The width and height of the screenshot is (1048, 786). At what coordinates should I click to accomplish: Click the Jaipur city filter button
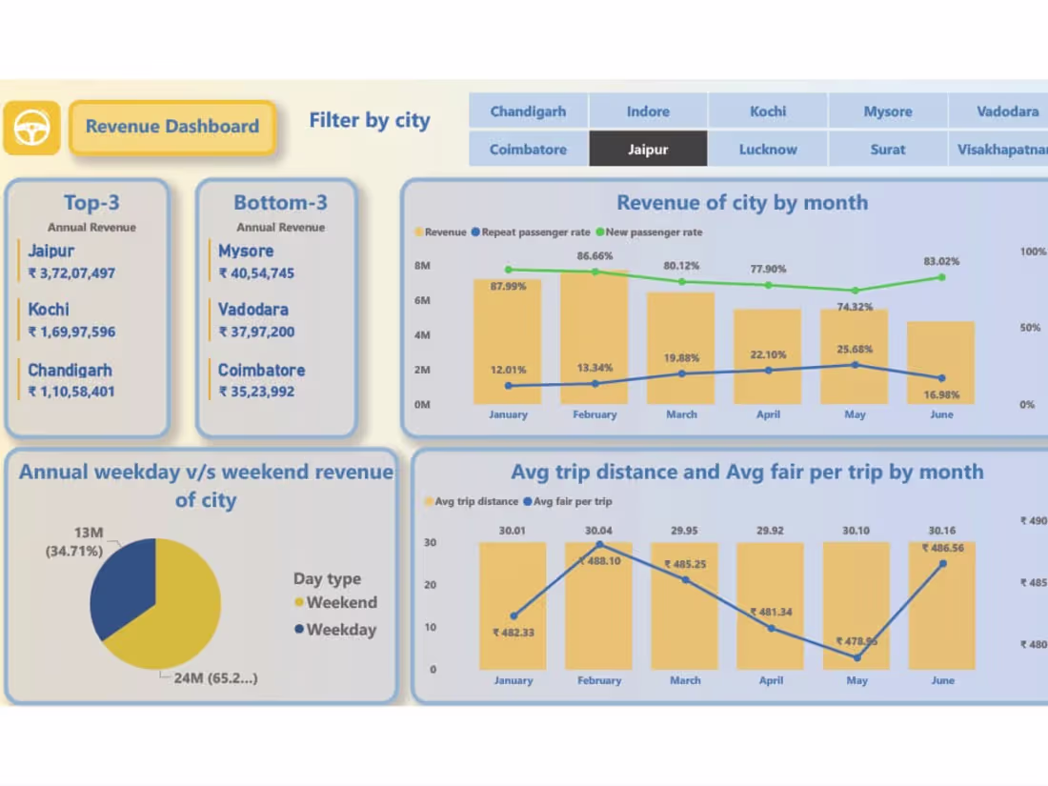(648, 150)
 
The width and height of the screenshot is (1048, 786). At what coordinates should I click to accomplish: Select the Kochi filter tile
(768, 111)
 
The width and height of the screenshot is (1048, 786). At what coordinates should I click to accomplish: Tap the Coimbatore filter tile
(528, 150)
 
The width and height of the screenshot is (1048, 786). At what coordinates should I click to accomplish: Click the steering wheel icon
(31, 128)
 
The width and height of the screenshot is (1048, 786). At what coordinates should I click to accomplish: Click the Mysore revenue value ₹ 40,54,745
(256, 273)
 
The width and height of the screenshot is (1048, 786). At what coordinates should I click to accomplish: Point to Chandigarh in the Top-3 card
(70, 371)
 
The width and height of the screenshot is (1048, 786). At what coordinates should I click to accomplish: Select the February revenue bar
(595, 338)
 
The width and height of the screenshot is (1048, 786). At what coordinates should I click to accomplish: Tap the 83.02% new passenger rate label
(940, 261)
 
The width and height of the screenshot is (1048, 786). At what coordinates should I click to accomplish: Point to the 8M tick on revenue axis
(422, 266)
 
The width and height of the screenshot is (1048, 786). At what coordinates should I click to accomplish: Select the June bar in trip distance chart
(941, 610)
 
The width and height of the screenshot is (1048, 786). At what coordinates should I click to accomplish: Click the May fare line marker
(857, 657)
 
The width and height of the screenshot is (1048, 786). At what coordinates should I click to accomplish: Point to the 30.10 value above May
(857, 531)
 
